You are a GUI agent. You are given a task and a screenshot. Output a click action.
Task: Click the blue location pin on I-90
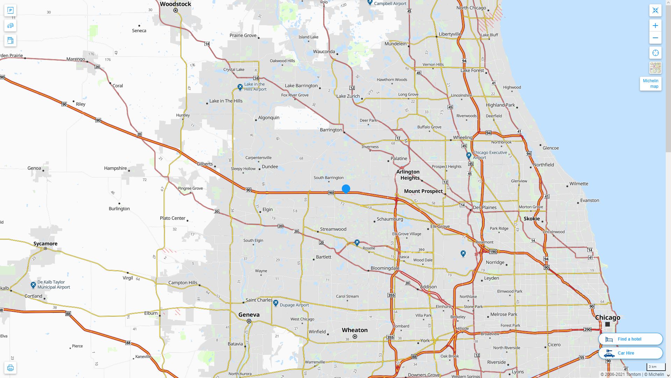click(346, 189)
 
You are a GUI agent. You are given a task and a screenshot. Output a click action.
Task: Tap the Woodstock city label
click(175, 4)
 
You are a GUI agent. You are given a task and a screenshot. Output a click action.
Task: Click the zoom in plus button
click(655, 26)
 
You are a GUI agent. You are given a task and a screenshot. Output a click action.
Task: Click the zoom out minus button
click(655, 38)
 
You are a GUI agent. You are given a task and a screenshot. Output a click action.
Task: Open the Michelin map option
click(650, 84)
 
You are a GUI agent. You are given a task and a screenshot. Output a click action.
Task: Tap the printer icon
click(10, 368)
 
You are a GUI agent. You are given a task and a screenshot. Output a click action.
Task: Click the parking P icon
click(10, 10)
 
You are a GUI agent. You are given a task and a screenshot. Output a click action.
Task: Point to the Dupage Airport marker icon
click(276, 303)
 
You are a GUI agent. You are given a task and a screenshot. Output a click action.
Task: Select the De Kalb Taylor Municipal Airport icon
click(33, 285)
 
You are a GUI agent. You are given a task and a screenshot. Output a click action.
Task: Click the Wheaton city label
click(354, 330)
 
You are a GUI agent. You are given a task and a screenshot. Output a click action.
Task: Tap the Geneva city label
click(249, 315)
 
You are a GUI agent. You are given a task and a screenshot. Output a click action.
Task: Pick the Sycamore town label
click(45, 244)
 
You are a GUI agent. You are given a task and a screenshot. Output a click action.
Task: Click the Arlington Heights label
click(408, 175)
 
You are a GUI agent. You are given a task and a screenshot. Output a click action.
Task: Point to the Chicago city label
click(607, 317)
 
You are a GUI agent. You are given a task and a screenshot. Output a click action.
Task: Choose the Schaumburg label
click(390, 219)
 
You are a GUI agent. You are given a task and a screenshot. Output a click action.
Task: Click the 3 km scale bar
click(656, 367)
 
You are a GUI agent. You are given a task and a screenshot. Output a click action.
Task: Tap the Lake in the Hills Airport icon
click(240, 87)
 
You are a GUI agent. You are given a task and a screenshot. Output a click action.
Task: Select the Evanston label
click(590, 201)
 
